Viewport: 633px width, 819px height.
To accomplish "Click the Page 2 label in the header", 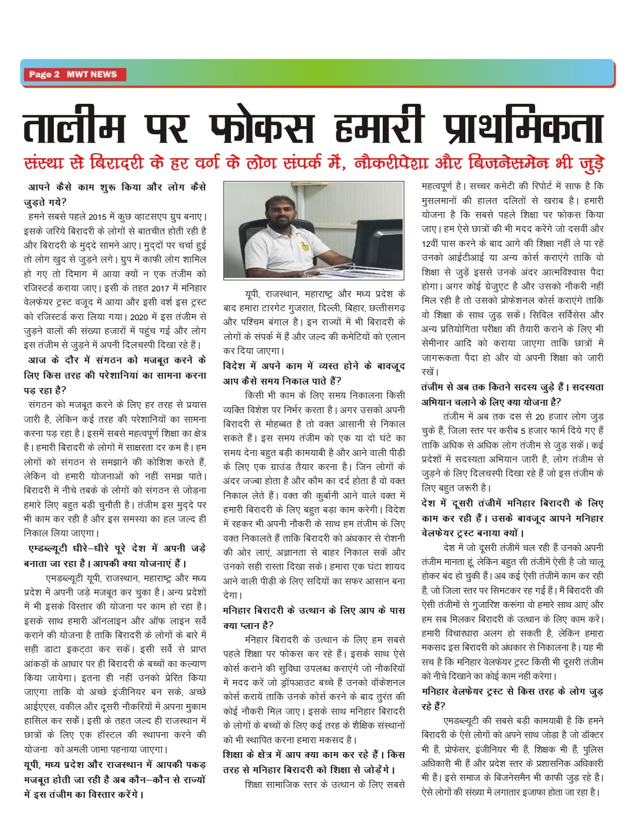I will click(x=44, y=74).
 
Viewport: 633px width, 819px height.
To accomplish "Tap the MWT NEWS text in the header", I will click(x=91, y=74).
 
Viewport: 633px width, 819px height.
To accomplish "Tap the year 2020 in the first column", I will click(x=138, y=317).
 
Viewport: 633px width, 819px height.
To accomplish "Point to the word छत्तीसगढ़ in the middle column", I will click(x=387, y=308).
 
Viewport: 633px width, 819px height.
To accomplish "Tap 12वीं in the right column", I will click(x=434, y=243).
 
